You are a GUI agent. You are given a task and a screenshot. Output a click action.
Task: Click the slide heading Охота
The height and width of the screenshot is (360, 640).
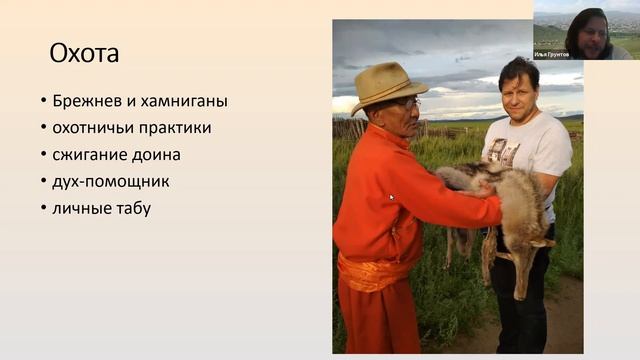[x=84, y=53]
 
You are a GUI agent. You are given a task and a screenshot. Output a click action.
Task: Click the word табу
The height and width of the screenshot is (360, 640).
[x=131, y=208]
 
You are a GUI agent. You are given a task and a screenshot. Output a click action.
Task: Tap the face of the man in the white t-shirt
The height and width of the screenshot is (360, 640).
[x=519, y=89]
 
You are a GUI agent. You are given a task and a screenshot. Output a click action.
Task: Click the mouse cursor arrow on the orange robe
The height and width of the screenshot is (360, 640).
[x=391, y=198]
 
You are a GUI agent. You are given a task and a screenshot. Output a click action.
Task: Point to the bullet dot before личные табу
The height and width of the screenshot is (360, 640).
[x=43, y=209]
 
